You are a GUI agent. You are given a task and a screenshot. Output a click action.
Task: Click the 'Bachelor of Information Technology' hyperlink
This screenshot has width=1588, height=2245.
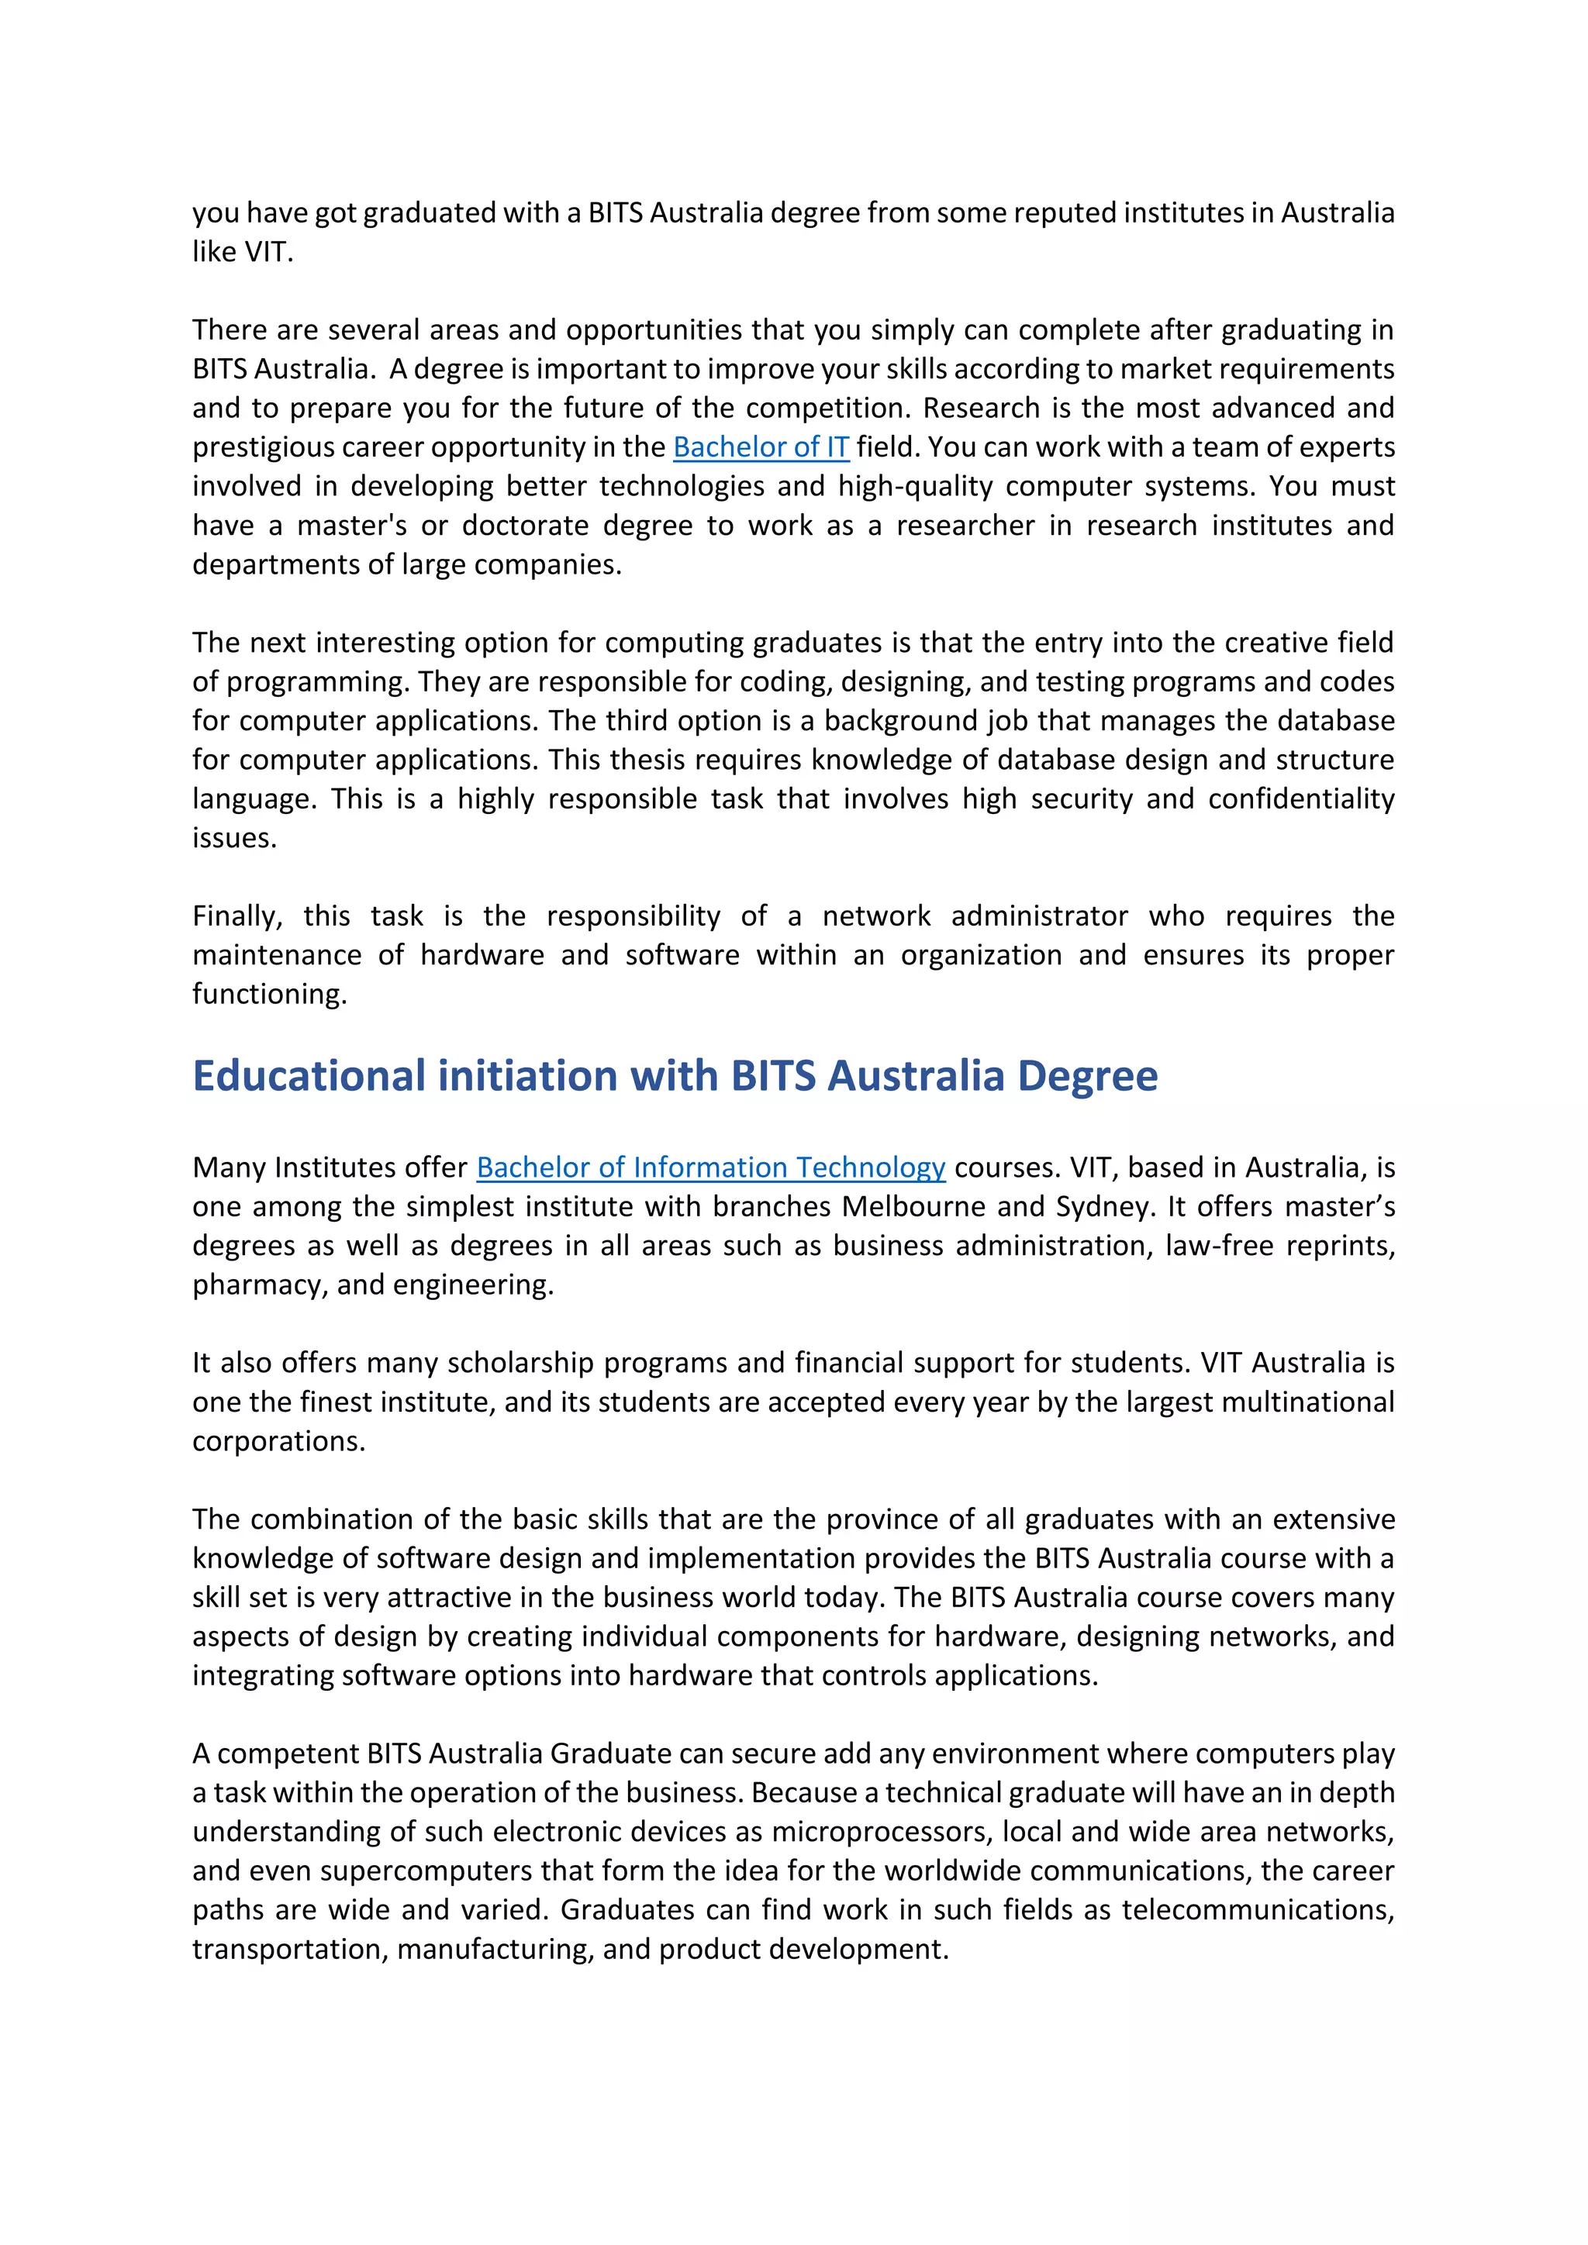click(710, 1167)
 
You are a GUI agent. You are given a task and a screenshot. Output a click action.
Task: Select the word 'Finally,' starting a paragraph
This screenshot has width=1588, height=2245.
click(236, 916)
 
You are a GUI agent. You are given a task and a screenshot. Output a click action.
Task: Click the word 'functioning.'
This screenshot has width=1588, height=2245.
click(269, 995)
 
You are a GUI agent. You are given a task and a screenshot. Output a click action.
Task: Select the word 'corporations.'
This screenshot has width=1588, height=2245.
click(278, 1441)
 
